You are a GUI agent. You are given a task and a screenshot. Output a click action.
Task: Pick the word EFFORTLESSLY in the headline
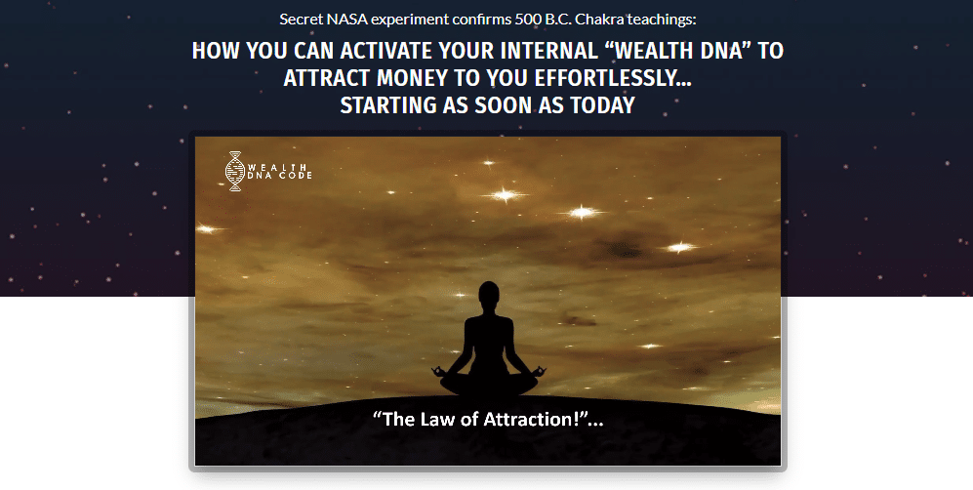tap(613, 78)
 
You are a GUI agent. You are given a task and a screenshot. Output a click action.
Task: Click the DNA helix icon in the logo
tap(235, 171)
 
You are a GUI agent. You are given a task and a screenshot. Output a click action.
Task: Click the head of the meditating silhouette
tap(489, 295)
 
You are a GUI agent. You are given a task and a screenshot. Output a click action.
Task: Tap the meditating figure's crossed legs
tap(489, 384)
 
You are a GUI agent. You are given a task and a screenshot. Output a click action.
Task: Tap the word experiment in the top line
tap(411, 20)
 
